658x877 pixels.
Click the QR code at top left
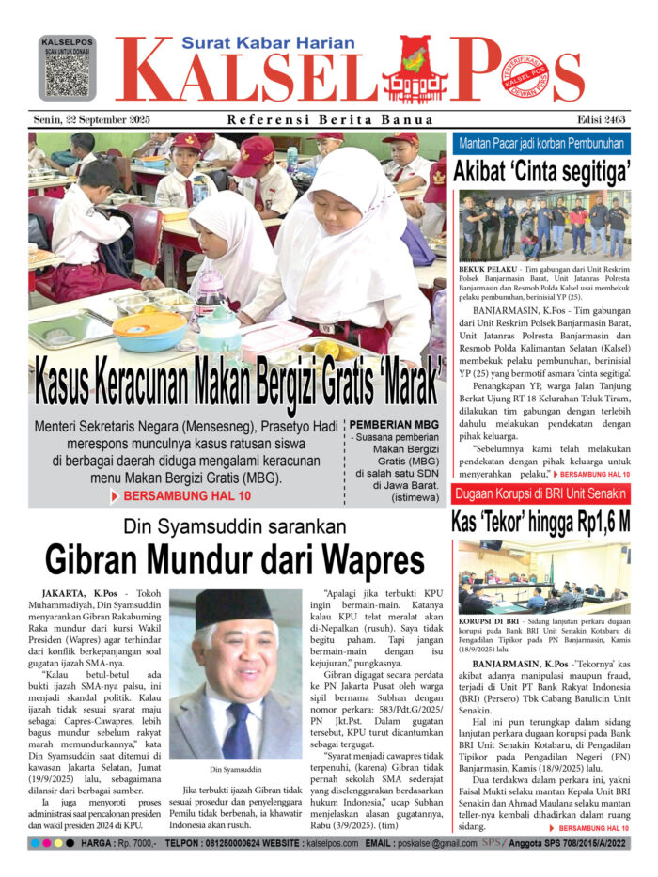[67, 73]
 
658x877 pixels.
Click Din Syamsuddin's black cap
[233, 606]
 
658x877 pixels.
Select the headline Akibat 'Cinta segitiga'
[540, 172]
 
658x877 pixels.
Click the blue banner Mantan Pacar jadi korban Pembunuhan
[540, 144]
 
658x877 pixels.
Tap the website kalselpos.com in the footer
[316, 844]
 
